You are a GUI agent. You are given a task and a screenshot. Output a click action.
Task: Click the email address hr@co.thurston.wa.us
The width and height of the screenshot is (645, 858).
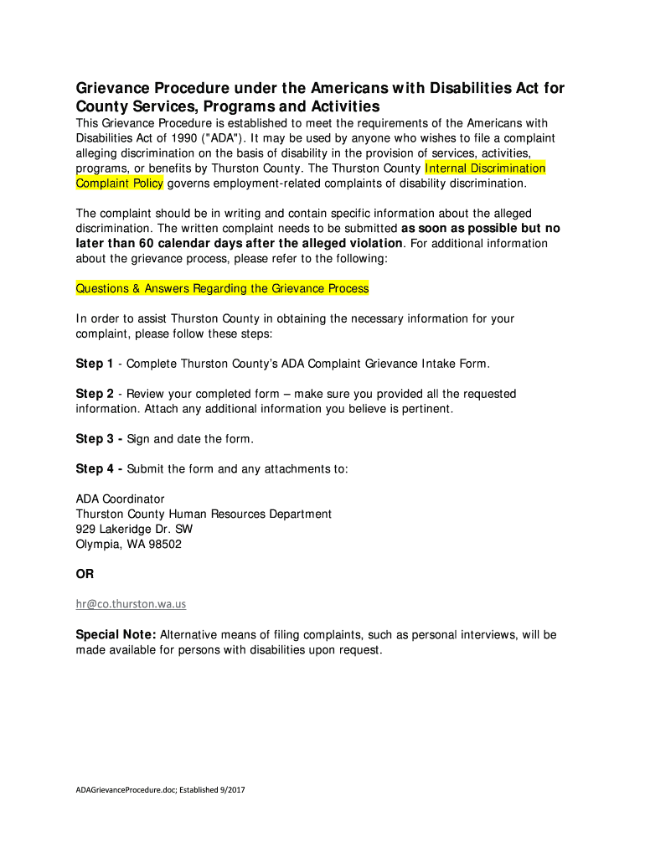131,604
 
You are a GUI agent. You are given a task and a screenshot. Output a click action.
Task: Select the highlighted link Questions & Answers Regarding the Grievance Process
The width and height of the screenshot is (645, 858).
222,288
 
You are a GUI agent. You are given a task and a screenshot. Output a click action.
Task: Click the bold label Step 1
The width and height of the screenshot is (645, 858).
95,364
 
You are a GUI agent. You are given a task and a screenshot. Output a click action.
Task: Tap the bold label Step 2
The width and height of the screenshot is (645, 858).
95,394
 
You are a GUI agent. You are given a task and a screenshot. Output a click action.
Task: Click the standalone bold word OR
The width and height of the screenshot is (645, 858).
85,575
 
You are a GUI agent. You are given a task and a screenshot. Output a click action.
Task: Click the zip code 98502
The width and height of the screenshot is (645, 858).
164,545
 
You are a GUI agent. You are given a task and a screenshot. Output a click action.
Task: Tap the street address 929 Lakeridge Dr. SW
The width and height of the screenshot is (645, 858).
134,530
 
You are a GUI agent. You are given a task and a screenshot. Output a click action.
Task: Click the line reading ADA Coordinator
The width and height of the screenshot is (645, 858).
121,499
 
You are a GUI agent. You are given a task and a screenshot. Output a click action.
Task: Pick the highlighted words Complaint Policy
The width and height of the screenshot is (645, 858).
119,183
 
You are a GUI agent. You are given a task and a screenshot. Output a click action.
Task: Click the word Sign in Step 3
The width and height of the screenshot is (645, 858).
139,439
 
